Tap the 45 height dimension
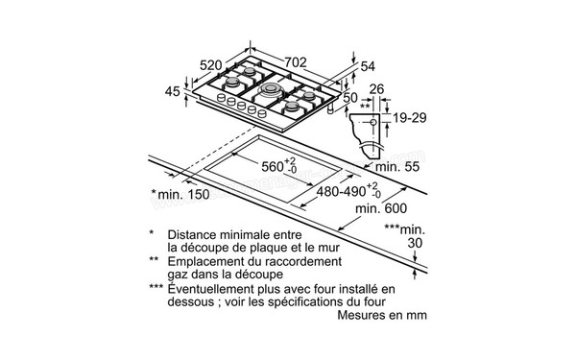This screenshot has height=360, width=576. pyautogui.click(x=173, y=92)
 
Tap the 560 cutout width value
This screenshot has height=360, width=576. pyautogui.click(x=276, y=166)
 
